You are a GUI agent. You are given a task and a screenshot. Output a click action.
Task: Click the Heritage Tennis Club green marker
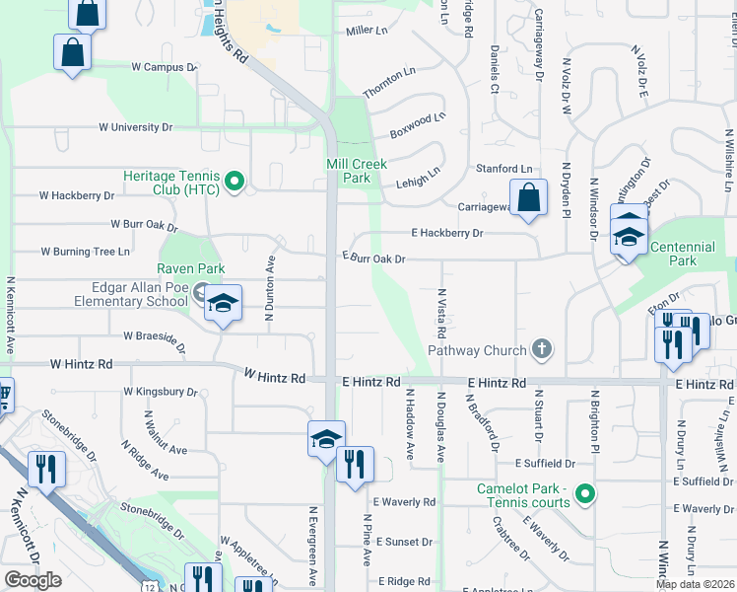[234, 181]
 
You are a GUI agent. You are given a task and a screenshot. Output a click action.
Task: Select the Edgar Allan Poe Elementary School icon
[224, 303]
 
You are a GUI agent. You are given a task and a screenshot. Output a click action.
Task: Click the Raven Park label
[191, 268]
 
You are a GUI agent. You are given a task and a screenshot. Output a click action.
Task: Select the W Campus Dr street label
[166, 67]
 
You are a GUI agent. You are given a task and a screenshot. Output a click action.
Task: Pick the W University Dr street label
[135, 127]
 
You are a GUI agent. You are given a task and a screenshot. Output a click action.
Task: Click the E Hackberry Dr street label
[447, 233]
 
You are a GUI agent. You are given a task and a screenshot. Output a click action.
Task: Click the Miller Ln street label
[367, 32]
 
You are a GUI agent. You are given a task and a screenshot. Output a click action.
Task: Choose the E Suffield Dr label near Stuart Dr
[544, 463]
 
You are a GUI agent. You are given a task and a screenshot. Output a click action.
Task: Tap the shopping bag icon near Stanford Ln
[529, 197]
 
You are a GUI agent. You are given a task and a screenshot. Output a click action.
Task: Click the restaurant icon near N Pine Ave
[355, 464]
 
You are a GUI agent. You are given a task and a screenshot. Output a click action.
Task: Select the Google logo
[33, 580]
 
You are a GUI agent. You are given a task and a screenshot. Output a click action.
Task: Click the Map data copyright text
[696, 584]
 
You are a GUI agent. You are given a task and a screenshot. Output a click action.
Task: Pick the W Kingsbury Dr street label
[161, 392]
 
